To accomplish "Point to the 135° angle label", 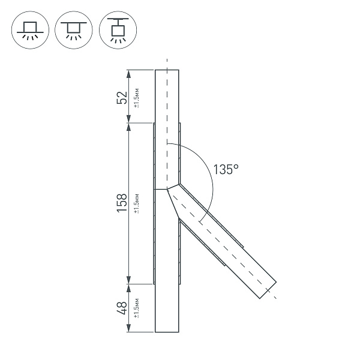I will [x=226, y=170].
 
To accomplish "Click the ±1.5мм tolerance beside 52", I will [x=137, y=97].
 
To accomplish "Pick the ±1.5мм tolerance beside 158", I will [x=137, y=203].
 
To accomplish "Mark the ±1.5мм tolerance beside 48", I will [x=137, y=308].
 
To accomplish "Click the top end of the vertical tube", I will [x=167, y=71].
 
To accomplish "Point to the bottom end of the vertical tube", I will [x=167, y=332].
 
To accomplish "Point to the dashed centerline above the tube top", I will [x=167, y=63].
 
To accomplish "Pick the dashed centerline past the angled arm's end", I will [x=274, y=296].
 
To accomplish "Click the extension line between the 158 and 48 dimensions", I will [x=141, y=283].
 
